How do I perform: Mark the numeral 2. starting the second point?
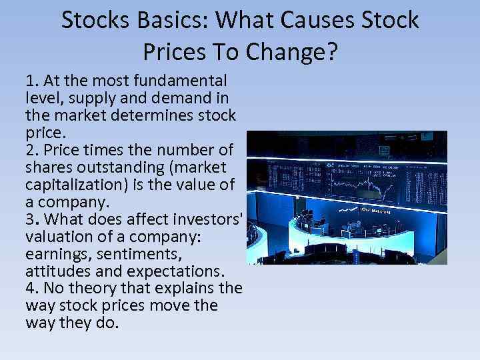click(x=31, y=150)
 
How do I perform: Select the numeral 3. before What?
click(x=31, y=219)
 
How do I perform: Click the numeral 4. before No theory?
click(x=32, y=288)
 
